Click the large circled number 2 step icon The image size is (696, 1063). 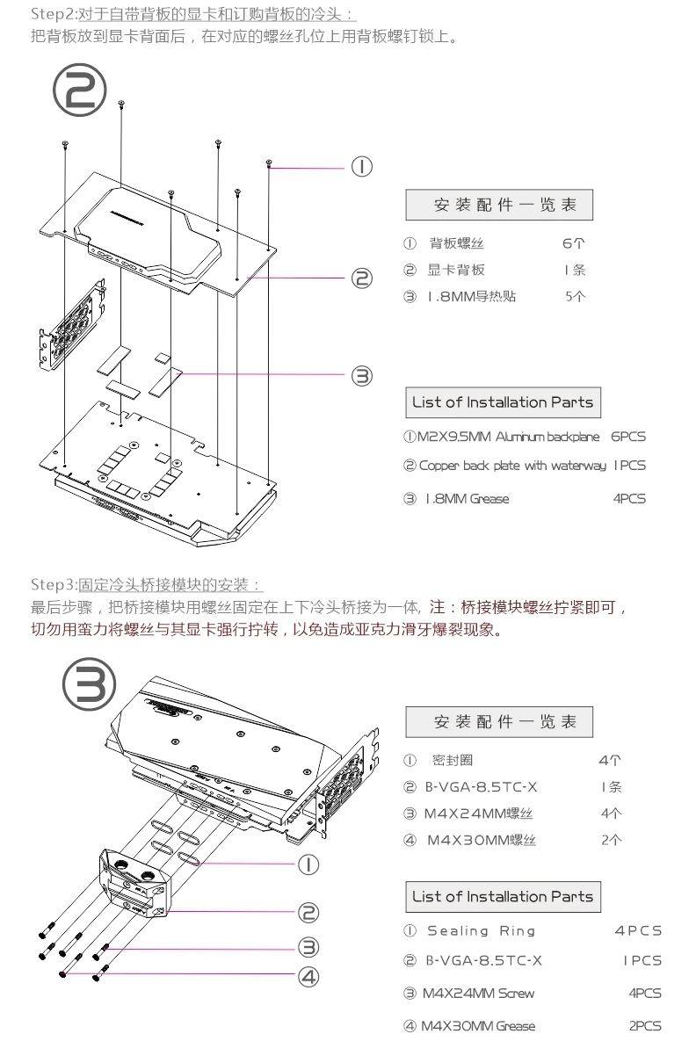[80, 91]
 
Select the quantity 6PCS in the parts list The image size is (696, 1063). [627, 437]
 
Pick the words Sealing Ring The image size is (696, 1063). [481, 931]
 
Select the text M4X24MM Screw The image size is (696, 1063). [478, 994]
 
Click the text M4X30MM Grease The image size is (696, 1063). [478, 1026]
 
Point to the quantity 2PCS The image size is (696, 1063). [645, 1026]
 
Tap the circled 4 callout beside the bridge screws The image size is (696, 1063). [308, 975]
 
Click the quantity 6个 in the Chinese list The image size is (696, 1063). [574, 243]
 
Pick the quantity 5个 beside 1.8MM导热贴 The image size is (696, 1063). [576, 296]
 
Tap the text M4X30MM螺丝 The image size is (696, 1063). [482, 841]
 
